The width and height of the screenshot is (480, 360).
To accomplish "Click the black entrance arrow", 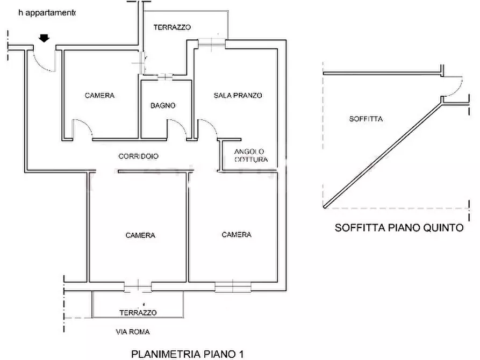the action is coord(45,38).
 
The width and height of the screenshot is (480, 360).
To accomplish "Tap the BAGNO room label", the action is coord(163,106).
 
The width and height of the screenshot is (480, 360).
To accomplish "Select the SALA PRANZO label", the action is coord(238,96).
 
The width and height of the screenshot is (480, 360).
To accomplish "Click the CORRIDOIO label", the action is coord(138,156).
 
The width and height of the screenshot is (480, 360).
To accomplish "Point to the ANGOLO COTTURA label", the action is coord(250,155).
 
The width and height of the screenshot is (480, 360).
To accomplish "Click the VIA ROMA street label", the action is coord(133,332).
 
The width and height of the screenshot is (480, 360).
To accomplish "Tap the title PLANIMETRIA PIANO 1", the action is coord(188,354).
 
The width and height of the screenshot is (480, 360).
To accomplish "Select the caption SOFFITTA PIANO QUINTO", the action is coord(399,228).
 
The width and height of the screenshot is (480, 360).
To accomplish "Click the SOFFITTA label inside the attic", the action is coord(366,119).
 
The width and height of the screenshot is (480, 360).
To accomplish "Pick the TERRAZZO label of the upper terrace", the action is coord(172,27).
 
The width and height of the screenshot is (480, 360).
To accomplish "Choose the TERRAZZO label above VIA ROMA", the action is coord(138,313).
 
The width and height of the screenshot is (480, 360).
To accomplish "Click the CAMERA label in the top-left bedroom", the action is coord(99,96).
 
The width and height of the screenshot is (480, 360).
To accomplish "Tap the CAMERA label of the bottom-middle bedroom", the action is coord(140,235).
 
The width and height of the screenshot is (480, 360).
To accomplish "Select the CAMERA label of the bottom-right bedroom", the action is coord(237,234).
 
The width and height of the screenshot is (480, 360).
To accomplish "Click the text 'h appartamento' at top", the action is coord(47,13).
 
